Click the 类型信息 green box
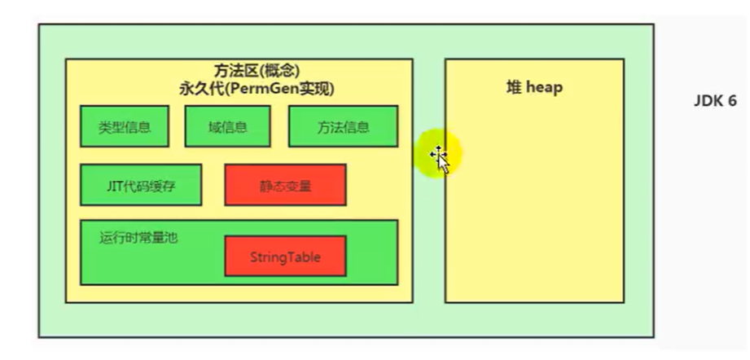tap(125, 126)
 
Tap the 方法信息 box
tap(343, 126)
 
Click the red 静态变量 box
tap(285, 185)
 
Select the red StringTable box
tap(285, 257)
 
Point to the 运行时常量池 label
tap(138, 238)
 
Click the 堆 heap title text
tap(534, 87)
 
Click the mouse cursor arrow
tap(441, 158)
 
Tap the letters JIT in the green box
tap(114, 185)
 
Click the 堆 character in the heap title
tap(513, 87)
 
